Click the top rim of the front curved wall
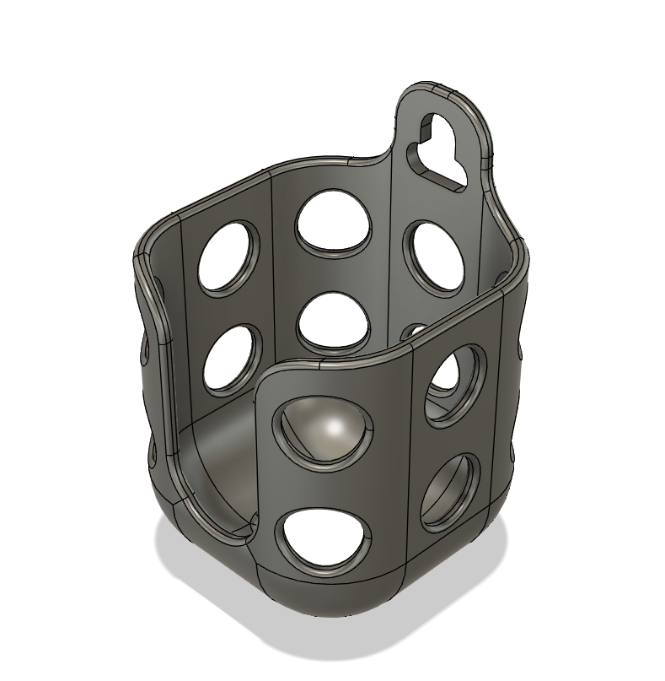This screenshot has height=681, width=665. click(337, 365)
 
